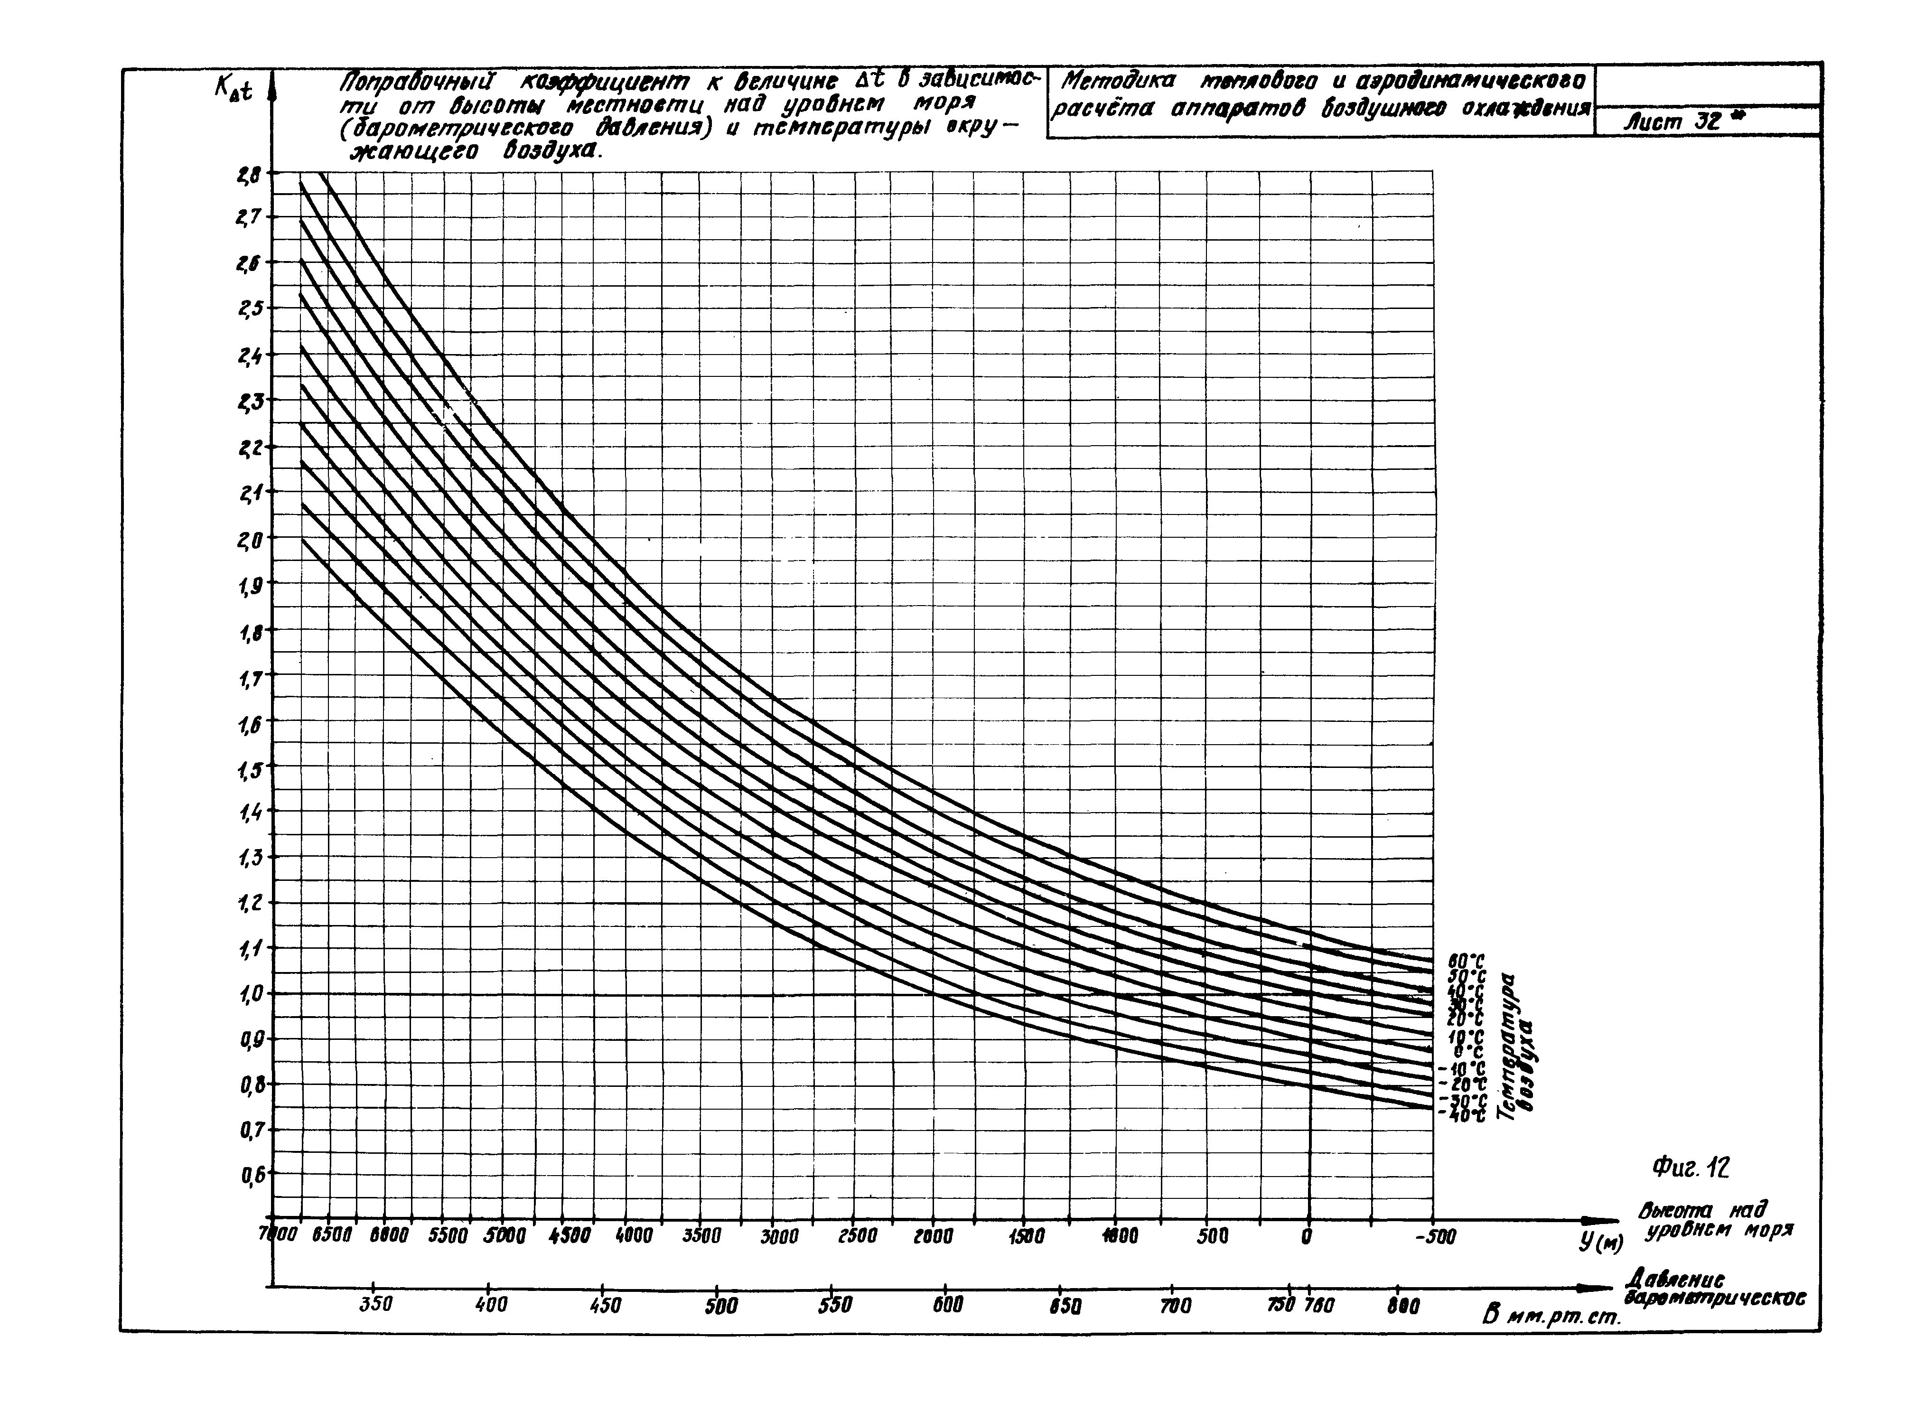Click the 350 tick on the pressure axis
coord(374,1304)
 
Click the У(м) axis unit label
coord(1600,1244)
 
